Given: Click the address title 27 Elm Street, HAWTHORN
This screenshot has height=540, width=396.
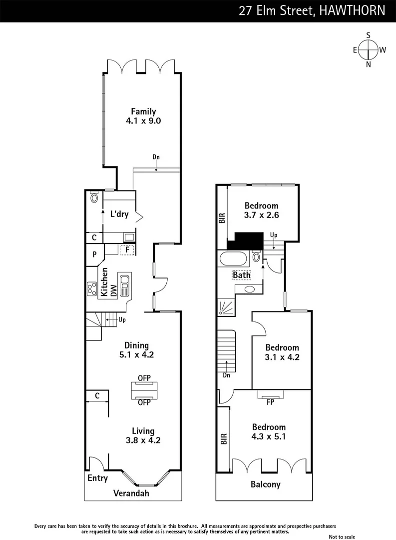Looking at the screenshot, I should (x=312, y=10).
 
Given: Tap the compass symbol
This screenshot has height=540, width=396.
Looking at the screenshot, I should (x=369, y=49).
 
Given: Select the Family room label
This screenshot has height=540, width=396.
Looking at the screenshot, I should (x=143, y=111).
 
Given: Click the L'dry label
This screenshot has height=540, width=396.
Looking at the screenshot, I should (x=119, y=214).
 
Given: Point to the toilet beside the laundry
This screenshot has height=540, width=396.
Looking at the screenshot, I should (x=94, y=198).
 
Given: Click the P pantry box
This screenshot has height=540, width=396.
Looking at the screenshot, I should (x=94, y=254).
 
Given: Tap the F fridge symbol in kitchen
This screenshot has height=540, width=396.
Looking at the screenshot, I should (x=127, y=249).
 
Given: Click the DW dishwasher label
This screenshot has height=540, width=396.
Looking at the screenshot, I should (x=113, y=289).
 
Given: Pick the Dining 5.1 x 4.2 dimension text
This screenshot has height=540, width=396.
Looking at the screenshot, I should (x=136, y=355).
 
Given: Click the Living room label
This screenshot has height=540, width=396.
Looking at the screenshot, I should (x=143, y=431).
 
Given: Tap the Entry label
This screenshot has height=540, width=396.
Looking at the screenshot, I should (x=97, y=478).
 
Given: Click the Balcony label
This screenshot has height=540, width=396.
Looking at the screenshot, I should (x=265, y=484).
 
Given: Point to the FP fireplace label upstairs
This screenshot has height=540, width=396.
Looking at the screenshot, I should (x=270, y=401).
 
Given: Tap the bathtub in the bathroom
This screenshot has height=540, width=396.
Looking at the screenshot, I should (x=233, y=259).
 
